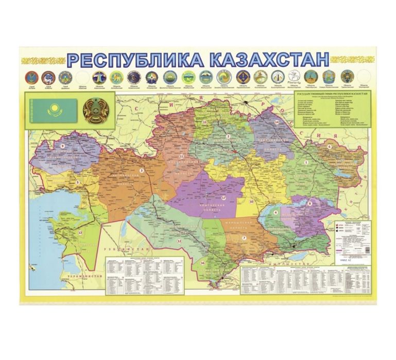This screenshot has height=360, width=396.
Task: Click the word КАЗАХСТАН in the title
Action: [x=262, y=59]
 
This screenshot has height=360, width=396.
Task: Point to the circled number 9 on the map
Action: [x=63, y=146]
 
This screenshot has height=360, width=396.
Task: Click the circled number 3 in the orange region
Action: [x=141, y=170]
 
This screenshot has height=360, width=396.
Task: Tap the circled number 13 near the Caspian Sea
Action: [x=80, y=233]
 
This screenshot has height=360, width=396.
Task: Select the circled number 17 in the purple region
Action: [x=223, y=197]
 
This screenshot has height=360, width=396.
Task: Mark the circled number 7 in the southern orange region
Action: [x=244, y=237]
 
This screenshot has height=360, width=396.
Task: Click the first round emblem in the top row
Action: [x=30, y=77]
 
